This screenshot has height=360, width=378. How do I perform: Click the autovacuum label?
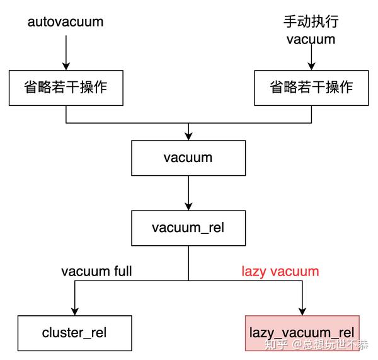click(x=66, y=22)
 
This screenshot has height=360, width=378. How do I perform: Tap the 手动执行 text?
click(x=311, y=21)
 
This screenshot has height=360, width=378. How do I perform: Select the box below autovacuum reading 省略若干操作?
click(x=66, y=88)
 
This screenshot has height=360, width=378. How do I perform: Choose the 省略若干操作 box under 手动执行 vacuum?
click(x=311, y=88)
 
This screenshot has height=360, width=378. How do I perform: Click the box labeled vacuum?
click(x=188, y=158)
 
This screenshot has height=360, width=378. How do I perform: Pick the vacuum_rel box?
click(x=188, y=228)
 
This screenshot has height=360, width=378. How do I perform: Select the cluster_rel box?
click(x=75, y=333)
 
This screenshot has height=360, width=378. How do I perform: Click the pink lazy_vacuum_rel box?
click(x=302, y=333)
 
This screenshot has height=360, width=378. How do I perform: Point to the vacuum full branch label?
click(x=96, y=271)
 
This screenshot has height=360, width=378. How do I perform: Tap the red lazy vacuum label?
click(x=280, y=272)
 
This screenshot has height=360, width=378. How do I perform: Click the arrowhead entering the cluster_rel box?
click(x=75, y=311)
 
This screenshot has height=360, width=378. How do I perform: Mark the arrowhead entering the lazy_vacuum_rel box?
click(x=302, y=311)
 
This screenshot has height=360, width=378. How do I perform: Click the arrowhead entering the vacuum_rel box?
click(x=188, y=207)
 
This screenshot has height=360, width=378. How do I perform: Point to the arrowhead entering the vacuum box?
click(x=188, y=137)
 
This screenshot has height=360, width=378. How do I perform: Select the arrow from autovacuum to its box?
click(x=66, y=53)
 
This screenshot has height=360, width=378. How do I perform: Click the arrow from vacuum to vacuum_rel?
click(x=188, y=193)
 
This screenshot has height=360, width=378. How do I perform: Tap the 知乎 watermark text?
click(x=277, y=344)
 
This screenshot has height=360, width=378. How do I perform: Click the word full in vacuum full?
click(x=123, y=271)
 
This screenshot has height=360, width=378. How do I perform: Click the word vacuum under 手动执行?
click(x=311, y=40)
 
